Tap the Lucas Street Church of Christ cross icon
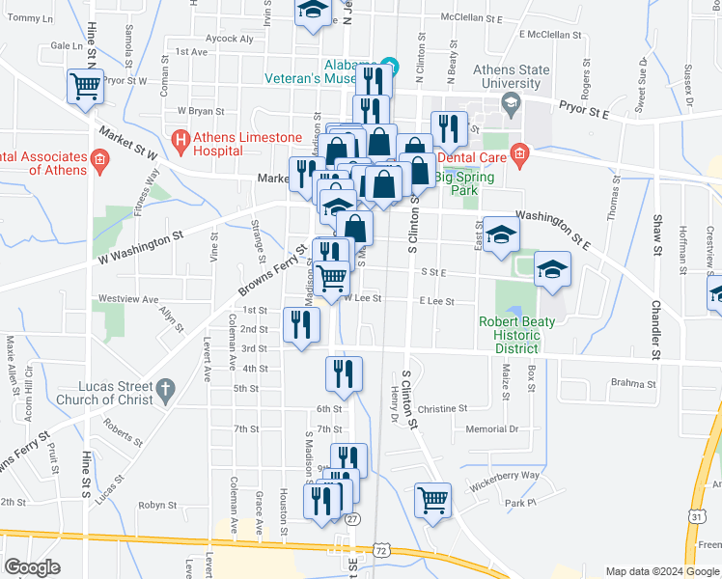coord(165,390)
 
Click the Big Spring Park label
coord(464,183)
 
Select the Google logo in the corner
coord(32,567)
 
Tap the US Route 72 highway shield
coord(382,550)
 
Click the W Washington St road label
coord(140,248)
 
